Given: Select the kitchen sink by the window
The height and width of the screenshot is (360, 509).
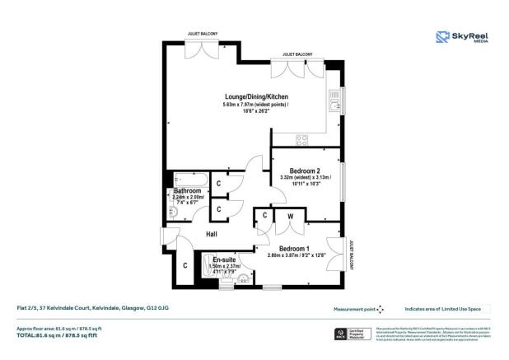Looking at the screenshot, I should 334,103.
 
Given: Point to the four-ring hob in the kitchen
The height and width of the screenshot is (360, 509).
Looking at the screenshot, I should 303,138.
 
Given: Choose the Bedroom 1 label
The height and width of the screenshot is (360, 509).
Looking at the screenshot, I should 295,249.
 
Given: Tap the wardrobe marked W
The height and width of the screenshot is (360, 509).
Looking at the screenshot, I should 290,217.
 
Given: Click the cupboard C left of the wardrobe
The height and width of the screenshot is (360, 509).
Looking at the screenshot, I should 264,216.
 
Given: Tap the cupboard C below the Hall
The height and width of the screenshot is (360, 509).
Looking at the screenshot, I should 185,265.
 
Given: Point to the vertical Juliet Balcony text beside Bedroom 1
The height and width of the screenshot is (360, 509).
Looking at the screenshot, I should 351,250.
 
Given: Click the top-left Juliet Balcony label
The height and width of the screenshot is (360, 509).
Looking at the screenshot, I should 199,35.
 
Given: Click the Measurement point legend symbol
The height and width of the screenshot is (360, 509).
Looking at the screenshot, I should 380,310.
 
